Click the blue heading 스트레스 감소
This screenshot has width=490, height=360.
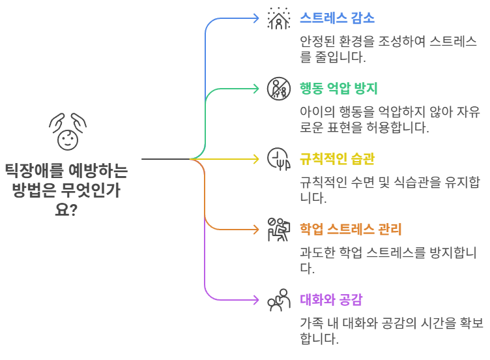[337, 18]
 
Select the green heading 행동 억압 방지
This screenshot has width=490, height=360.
[338, 88]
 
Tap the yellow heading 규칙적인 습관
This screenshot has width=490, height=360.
[337, 158]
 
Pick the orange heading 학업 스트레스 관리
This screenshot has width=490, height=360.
[351, 229]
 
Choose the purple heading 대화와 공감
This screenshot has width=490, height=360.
[331, 299]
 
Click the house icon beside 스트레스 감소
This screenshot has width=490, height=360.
[278, 18]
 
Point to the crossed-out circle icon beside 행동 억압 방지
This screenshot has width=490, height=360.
[278, 89]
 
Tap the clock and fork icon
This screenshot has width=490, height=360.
[278, 158]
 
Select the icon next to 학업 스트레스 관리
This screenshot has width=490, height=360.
[278, 229]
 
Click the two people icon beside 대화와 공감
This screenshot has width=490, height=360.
[278, 299]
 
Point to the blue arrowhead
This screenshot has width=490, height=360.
[257, 18]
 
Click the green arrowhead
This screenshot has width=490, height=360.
[257, 89]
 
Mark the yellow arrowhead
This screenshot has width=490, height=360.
[257, 158]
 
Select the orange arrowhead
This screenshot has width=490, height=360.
[257, 229]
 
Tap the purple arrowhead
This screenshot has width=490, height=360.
[257, 299]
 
